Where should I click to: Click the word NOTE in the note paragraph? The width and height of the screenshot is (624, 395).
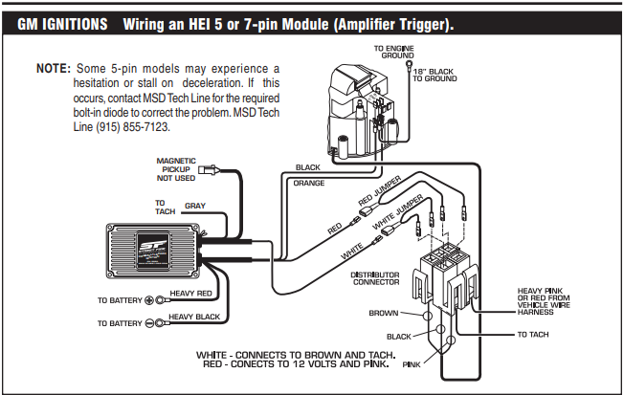pos(52,70)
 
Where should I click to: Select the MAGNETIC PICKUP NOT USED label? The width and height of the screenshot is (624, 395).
pos(176,169)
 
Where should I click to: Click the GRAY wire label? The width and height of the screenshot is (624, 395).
pos(195,206)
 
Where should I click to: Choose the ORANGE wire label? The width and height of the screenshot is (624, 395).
pos(308,182)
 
